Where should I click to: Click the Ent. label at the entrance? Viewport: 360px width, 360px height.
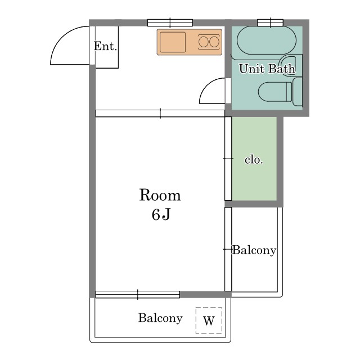tap(105, 46)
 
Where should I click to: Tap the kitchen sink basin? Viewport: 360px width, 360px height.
tap(173, 42)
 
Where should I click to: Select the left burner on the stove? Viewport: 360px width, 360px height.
tap(203, 42)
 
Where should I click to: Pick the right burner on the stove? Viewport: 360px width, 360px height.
tap(214, 42)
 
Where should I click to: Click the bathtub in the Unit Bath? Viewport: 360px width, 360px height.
tap(267, 40)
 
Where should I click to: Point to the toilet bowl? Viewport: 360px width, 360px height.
tap(275, 92)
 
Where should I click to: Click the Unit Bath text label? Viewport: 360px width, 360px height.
tap(267, 69)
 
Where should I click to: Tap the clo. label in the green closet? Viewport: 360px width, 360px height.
tap(254, 160)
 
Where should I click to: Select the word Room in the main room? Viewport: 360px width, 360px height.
tap(160, 195)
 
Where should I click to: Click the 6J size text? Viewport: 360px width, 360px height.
tap(161, 215)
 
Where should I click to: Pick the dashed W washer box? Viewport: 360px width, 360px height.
tap(209, 320)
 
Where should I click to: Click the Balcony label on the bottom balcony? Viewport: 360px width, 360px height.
tap(160, 318)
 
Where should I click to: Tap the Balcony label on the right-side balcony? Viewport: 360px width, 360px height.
tap(254, 250)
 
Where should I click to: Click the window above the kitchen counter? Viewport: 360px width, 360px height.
tap(170, 22)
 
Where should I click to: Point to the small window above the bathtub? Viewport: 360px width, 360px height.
tap(270, 22)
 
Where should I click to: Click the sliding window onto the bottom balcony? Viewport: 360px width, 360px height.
tap(137, 294)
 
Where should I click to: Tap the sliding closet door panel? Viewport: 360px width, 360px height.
tap(228, 159)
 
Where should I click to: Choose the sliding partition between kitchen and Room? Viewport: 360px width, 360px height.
tap(160, 114)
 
